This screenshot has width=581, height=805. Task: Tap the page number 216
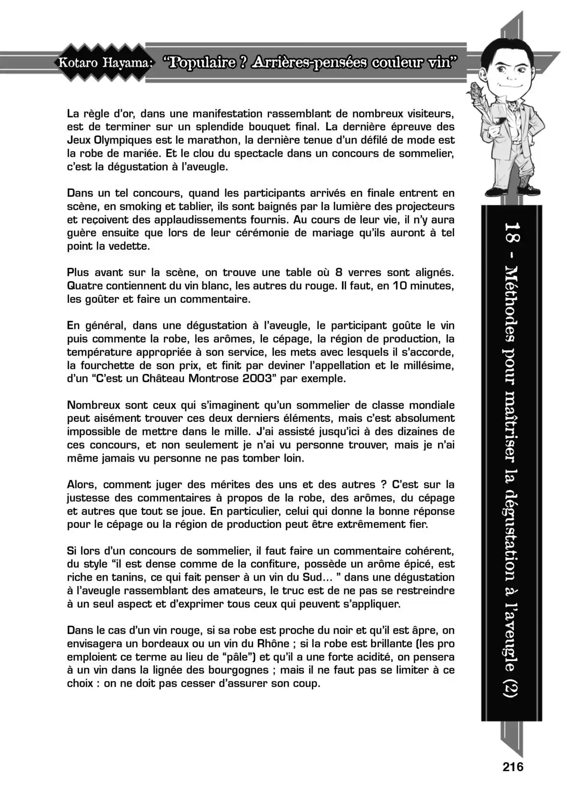click(513, 767)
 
